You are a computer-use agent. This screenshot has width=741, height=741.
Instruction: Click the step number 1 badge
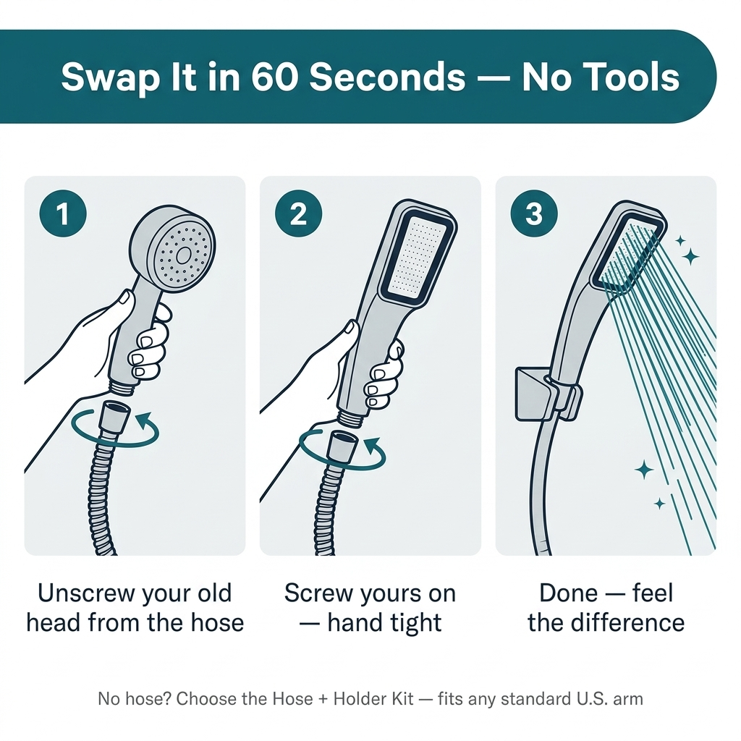point(63,213)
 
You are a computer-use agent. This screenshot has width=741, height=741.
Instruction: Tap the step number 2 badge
point(298,213)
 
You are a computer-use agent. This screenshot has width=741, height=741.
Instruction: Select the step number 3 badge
point(534,213)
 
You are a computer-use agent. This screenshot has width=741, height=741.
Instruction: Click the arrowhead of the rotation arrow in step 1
point(144,419)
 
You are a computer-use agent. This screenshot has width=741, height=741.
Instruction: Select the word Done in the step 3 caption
point(569,593)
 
